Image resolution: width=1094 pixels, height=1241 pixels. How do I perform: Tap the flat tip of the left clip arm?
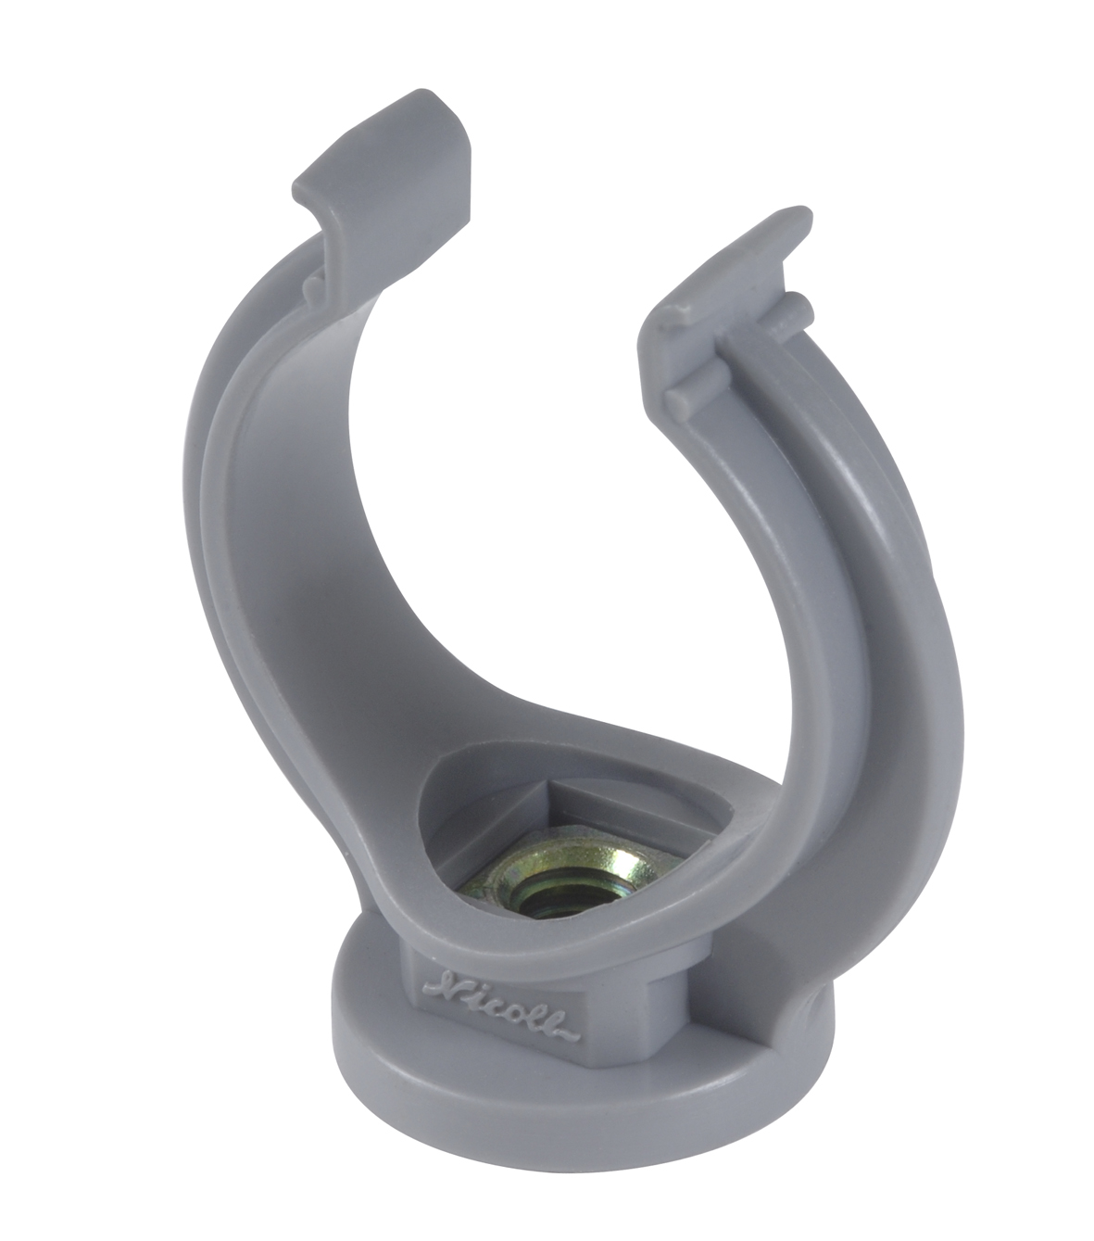tap(390, 139)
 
